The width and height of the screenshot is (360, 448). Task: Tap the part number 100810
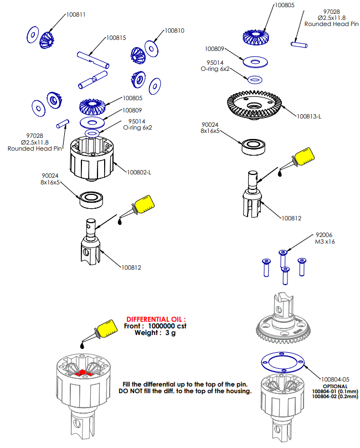click(174, 31)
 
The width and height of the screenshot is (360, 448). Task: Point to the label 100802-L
click(139, 172)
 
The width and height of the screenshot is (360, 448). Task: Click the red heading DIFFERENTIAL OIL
click(157, 320)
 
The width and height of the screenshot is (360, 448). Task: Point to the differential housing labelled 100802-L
click(91, 157)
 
